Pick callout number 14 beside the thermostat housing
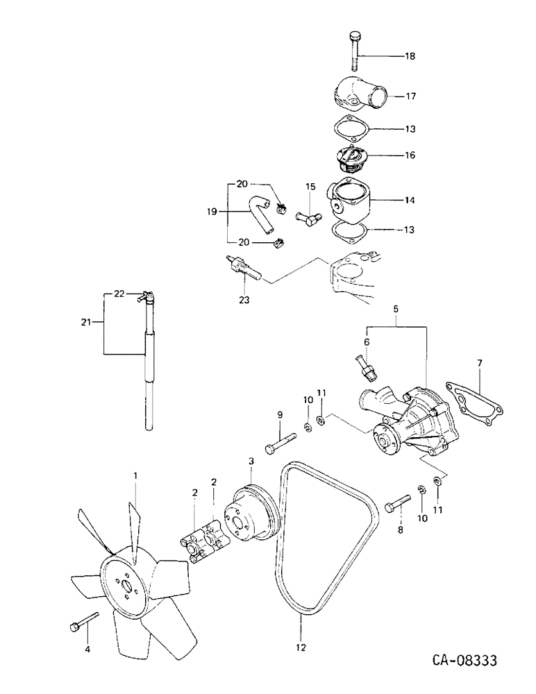(x=410, y=200)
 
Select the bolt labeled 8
(x=393, y=505)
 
